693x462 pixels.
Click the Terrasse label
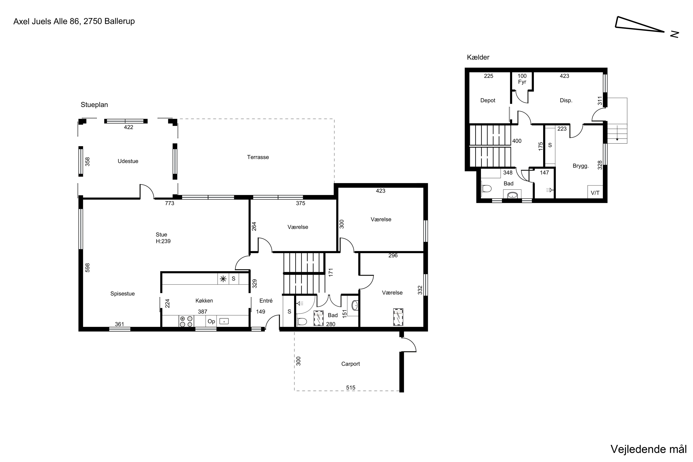(x=258, y=157)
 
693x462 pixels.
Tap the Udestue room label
(x=128, y=161)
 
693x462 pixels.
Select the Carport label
(x=351, y=364)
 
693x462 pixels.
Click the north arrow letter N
(x=675, y=34)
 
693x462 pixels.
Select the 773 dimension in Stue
(x=169, y=203)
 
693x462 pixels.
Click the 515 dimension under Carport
(x=351, y=388)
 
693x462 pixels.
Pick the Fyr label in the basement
(x=522, y=82)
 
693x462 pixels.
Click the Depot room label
(x=488, y=100)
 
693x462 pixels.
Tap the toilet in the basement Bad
(x=486, y=188)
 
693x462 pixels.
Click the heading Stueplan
(x=94, y=105)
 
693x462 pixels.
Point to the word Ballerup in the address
(x=119, y=21)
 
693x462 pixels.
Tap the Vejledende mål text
(x=648, y=449)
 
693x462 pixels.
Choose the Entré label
(x=266, y=301)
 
